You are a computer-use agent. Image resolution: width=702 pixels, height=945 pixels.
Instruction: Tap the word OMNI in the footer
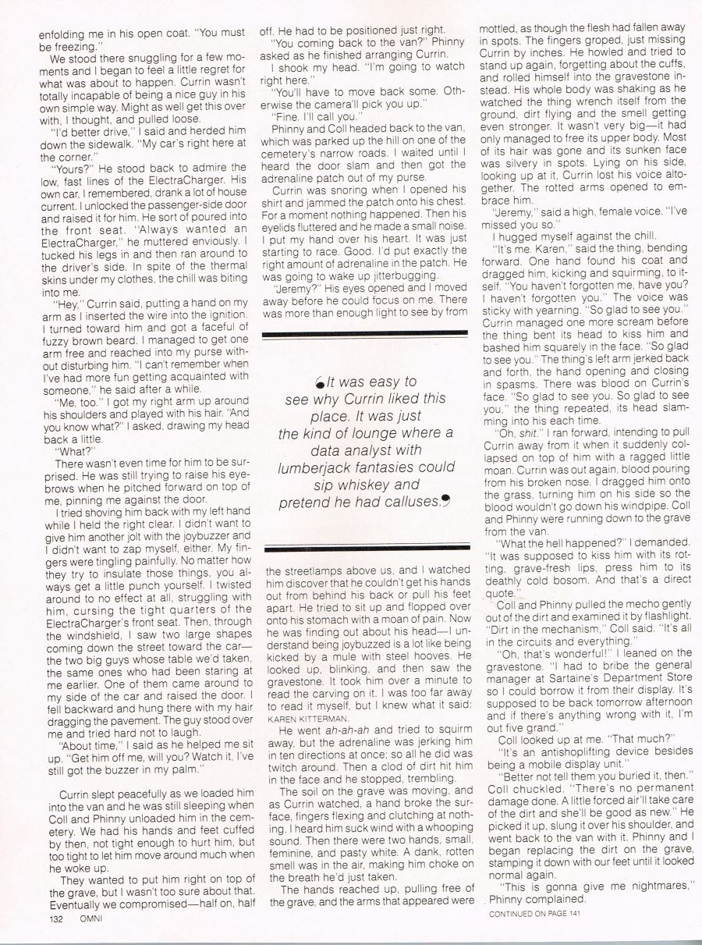tap(93, 919)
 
